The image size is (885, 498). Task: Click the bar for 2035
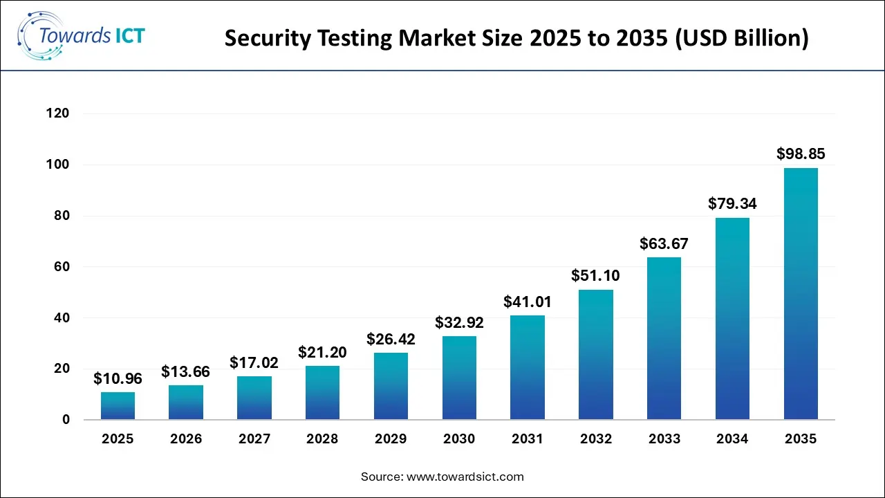coord(801,294)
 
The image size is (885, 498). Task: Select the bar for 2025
coord(118,406)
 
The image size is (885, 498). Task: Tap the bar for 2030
coord(459,378)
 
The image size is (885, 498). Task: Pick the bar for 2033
coord(664,338)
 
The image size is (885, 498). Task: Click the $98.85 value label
coord(801,154)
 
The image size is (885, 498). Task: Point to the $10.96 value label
coord(118,378)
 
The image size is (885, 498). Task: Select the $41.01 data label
coord(528,302)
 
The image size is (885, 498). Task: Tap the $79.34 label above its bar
coord(732,203)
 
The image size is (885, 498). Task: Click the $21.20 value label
coord(322,352)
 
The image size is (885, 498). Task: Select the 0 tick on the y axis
coord(66,419)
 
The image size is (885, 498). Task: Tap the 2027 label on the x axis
coord(254,439)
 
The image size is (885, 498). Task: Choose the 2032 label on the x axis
coord(595,439)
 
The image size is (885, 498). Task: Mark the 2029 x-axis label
coord(391,439)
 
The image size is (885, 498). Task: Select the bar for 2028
coord(322,392)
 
